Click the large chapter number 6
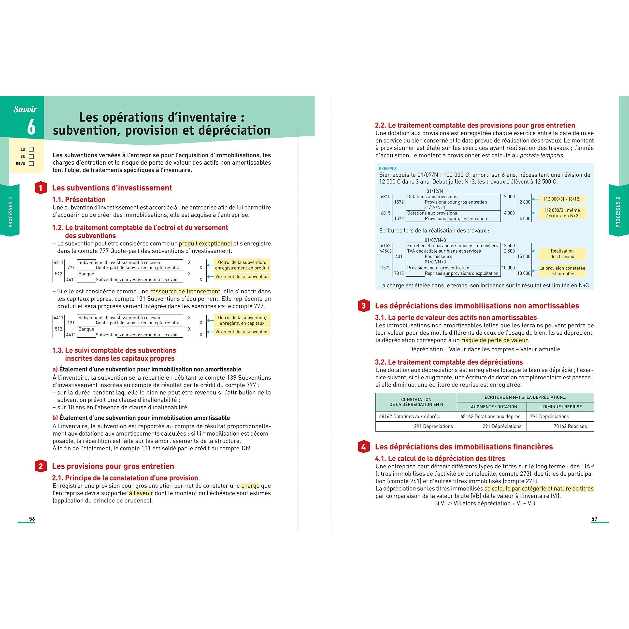click(31, 127)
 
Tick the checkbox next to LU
click(31, 149)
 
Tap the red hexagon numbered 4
click(363, 447)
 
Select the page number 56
click(32, 519)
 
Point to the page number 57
click(594, 519)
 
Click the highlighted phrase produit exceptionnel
click(205, 243)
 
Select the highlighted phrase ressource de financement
click(185, 291)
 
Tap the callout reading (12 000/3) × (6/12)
click(562, 199)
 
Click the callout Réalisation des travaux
click(562, 254)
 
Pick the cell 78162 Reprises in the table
click(570, 426)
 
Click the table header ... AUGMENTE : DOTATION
click(492, 407)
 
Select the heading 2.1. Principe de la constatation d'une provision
click(125, 478)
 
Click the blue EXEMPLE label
click(387, 169)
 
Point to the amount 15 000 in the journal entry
click(524, 257)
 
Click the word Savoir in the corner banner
click(25, 109)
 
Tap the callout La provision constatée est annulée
click(562, 271)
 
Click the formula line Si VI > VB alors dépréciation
click(485, 503)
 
